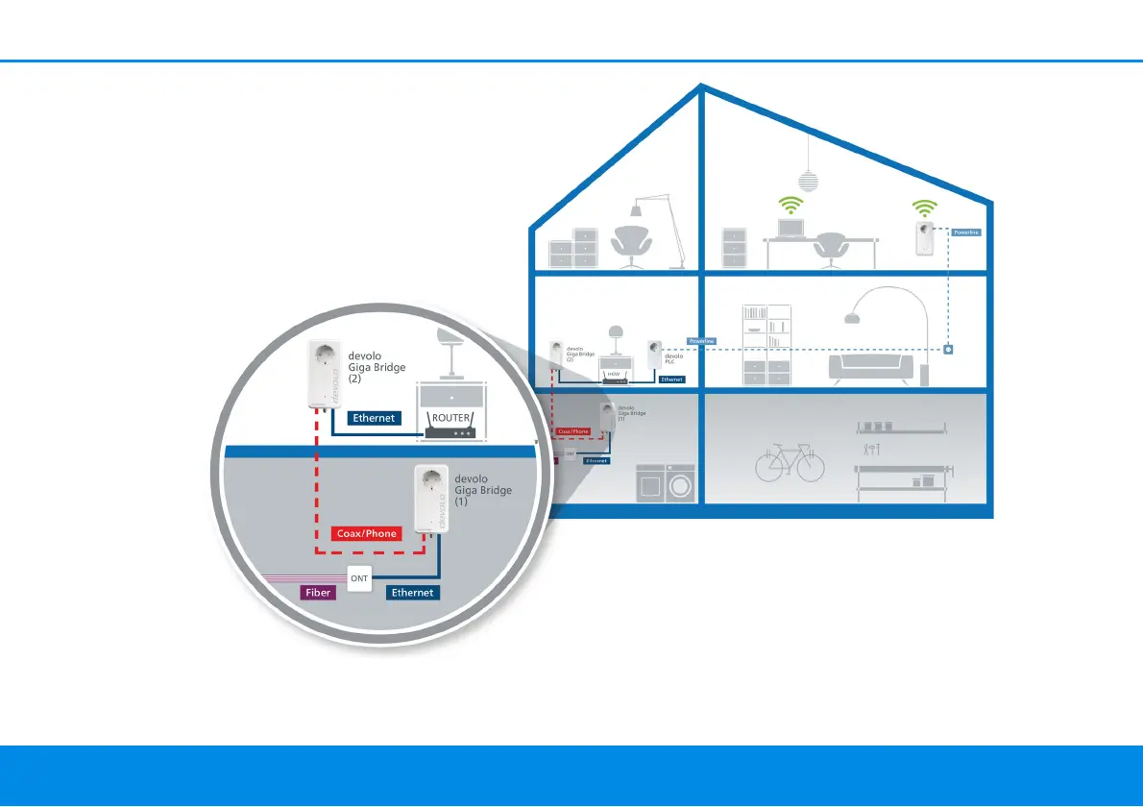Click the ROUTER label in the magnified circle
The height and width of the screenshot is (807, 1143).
coord(450,418)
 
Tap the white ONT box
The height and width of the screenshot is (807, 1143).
coord(359,578)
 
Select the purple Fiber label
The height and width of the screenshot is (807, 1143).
coord(318,593)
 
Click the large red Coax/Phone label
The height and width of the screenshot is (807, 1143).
coord(366,533)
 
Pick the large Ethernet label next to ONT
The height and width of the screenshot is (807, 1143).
coord(413,593)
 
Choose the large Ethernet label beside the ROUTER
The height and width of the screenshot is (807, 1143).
coord(375,418)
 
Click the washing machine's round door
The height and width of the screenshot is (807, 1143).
coord(680,485)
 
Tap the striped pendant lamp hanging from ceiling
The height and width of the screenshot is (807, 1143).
coord(809,182)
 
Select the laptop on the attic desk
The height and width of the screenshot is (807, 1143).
coord(790,228)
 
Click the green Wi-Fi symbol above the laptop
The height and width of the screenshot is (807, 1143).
coord(790,205)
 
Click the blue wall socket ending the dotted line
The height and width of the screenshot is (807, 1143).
coord(948,349)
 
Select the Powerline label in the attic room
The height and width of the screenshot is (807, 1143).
coord(964,232)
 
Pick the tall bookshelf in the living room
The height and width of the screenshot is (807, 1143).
coord(766,346)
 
